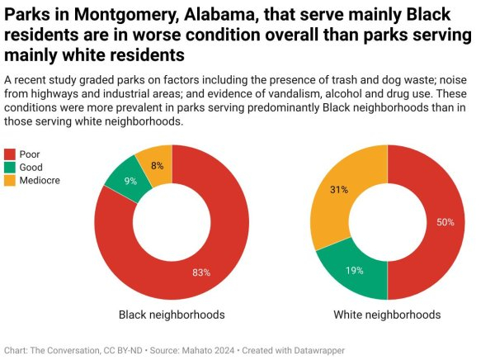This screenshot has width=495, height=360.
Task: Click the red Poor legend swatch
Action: pos(11,154)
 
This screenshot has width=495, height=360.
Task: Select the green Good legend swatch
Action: pos(11,168)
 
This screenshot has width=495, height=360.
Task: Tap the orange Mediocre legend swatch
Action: pos(11,180)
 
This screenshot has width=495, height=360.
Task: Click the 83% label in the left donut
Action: pos(202,272)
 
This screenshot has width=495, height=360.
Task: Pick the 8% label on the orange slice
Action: pos(157,165)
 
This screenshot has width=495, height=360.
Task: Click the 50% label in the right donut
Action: pos(445,222)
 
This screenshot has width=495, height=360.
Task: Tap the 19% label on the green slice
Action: pos(356,270)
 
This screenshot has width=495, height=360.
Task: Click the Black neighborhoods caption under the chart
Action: pos(172,315)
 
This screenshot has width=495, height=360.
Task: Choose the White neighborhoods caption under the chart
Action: pos(387,315)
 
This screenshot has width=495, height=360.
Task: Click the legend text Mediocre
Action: pos(40,180)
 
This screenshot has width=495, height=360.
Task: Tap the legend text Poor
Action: pos(30,154)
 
